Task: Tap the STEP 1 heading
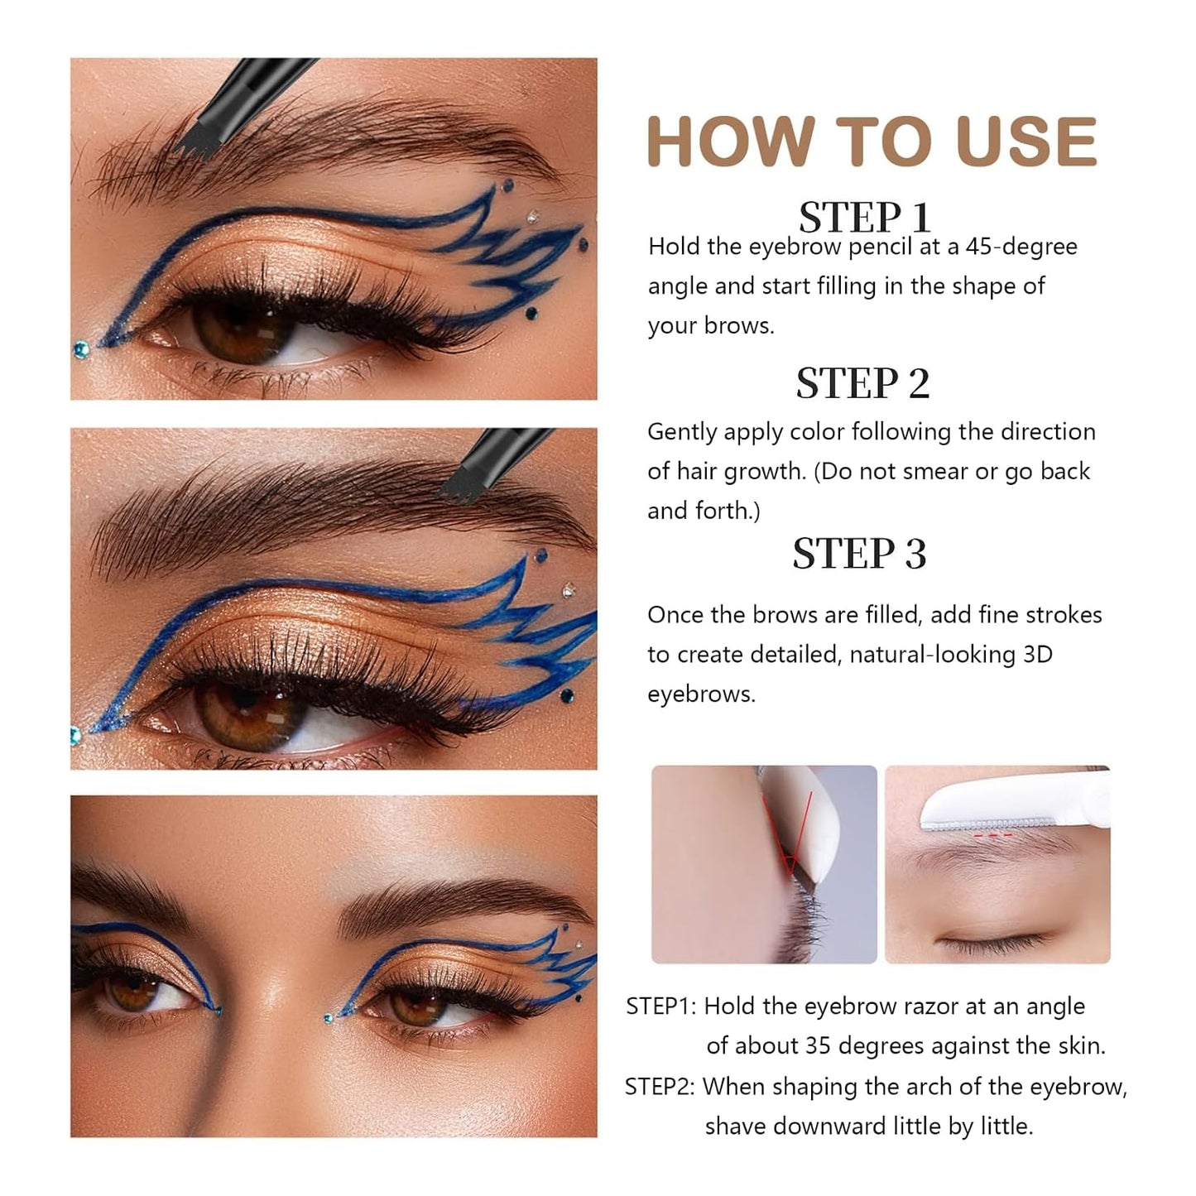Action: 864,218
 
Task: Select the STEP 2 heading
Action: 862,383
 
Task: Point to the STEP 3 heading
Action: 859,554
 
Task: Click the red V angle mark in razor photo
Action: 793,836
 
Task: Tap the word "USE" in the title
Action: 1025,142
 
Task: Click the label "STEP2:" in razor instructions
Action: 660,1086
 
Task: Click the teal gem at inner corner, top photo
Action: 79,348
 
